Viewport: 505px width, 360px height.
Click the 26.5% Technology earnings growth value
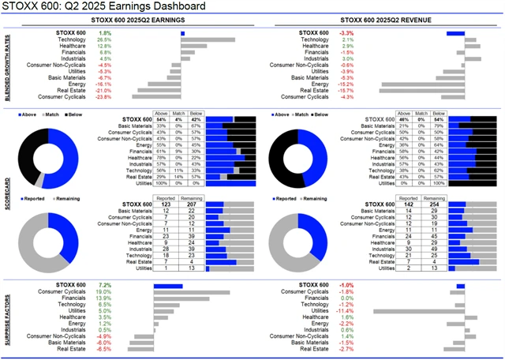[x=104, y=39]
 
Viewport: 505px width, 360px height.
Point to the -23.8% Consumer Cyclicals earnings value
[x=103, y=97]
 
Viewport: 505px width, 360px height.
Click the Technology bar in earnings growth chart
[x=208, y=39]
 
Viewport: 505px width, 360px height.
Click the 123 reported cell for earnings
[x=166, y=204]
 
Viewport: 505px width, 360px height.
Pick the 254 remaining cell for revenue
[x=431, y=204]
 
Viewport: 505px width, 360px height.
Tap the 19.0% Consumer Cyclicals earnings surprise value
[x=103, y=291]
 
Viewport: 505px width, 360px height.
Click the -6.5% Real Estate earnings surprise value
[x=104, y=349]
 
